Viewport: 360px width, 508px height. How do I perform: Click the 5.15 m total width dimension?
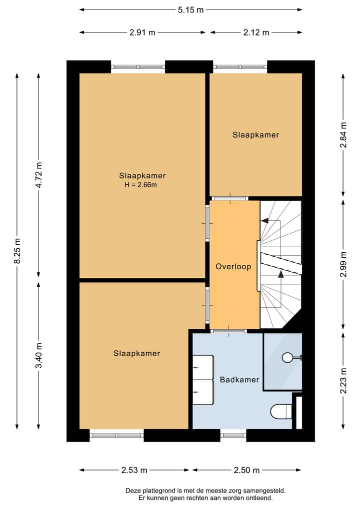point(190,9)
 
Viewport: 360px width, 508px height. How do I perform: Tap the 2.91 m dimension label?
point(142,32)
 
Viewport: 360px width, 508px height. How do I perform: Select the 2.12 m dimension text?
point(256,32)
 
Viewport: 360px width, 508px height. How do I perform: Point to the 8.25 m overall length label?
point(17,251)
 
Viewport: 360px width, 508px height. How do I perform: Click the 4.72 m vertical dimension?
point(39,175)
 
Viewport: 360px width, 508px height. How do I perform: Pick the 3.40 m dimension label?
point(39,356)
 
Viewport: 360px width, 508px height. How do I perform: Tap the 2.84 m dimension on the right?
point(343,135)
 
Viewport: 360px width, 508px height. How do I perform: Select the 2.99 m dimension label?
point(343,264)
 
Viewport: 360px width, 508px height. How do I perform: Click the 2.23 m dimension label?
point(343,381)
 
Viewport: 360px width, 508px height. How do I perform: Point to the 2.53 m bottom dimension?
point(134,470)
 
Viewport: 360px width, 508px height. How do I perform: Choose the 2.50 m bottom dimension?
point(246,470)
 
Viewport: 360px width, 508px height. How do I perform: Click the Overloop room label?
point(233,267)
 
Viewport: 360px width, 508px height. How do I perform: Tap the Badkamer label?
point(239,380)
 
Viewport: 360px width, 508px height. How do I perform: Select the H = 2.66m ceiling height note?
point(141,185)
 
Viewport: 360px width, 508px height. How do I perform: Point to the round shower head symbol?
point(287,358)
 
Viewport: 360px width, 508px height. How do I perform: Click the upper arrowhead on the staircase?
point(264,221)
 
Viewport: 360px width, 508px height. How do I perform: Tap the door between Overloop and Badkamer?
point(228,331)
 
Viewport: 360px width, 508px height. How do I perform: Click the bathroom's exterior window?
point(233,436)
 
